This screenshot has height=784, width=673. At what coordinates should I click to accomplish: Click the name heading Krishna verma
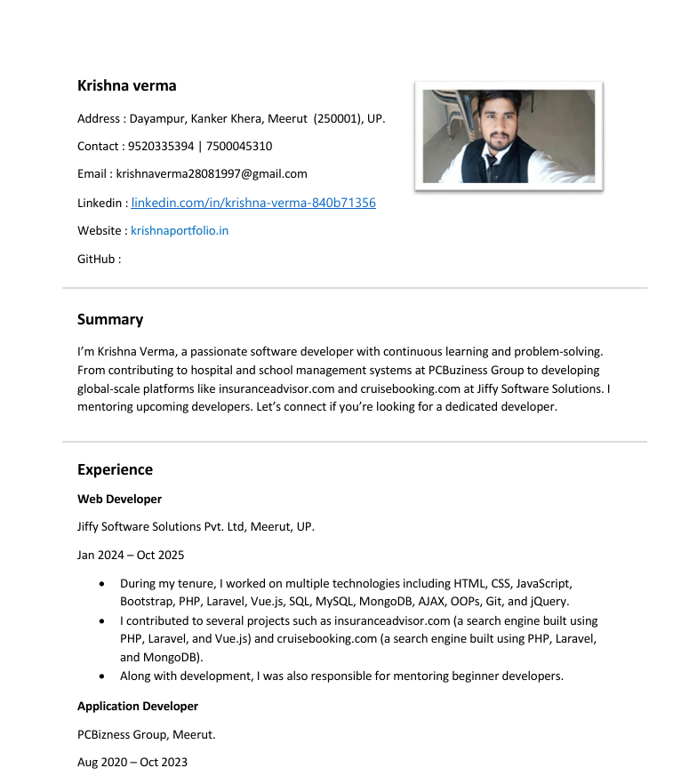[126, 85]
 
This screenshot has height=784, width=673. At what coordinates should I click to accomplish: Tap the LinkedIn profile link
[253, 203]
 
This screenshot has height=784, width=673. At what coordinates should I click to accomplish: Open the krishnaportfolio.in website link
[180, 230]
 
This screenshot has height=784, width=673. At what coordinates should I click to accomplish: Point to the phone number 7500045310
[239, 146]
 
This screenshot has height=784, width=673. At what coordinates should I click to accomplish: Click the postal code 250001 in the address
[334, 118]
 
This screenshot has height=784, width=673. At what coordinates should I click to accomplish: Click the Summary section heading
[110, 319]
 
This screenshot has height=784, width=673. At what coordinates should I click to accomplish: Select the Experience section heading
[115, 469]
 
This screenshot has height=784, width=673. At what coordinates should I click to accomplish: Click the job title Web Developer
[119, 499]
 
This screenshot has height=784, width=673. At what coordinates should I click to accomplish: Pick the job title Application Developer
[138, 706]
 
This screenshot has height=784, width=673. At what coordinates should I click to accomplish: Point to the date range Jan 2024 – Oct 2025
[131, 555]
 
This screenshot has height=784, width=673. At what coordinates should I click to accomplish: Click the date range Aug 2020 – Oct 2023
[132, 762]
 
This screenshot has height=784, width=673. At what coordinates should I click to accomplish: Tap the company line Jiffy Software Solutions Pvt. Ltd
[196, 526]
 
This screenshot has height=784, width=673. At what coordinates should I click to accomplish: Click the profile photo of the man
[509, 136]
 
